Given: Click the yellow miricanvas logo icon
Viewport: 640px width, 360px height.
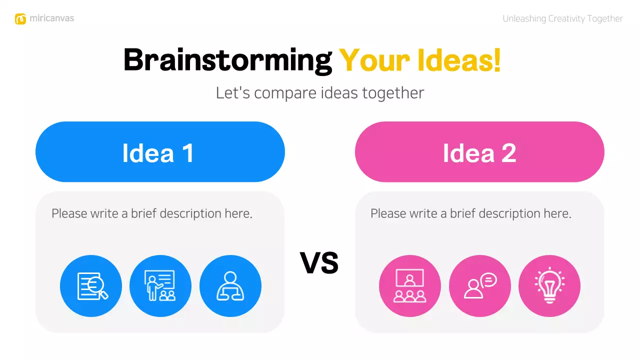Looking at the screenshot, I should (20, 19).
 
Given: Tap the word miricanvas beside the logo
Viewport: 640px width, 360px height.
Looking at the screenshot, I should (51, 18).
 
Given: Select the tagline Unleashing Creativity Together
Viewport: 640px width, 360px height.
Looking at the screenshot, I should (562, 19).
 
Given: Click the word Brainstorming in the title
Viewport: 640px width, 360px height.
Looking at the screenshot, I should (227, 60).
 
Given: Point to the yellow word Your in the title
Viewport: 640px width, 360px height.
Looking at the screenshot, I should (369, 60).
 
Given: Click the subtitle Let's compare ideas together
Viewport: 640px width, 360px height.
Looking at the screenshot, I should (320, 93).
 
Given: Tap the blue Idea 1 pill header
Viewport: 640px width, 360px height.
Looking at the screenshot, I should (160, 152).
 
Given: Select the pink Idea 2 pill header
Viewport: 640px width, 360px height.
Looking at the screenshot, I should (479, 152).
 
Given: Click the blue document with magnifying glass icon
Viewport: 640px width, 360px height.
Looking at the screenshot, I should (91, 286).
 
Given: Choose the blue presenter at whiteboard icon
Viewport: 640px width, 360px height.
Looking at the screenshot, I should (160, 286).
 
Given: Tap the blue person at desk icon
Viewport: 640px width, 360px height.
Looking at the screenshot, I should (230, 286).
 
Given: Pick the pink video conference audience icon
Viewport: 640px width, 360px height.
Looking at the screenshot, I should (410, 286).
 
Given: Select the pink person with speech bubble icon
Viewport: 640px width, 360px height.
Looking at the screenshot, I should (480, 286).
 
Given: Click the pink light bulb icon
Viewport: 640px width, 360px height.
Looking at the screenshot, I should (549, 286).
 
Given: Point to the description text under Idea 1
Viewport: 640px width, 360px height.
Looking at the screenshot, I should (152, 213).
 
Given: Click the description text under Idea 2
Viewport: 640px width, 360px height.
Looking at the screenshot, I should (471, 213).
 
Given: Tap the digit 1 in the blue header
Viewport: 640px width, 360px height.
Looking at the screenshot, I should (188, 152).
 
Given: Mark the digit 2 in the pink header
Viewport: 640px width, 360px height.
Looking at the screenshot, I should (508, 152).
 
